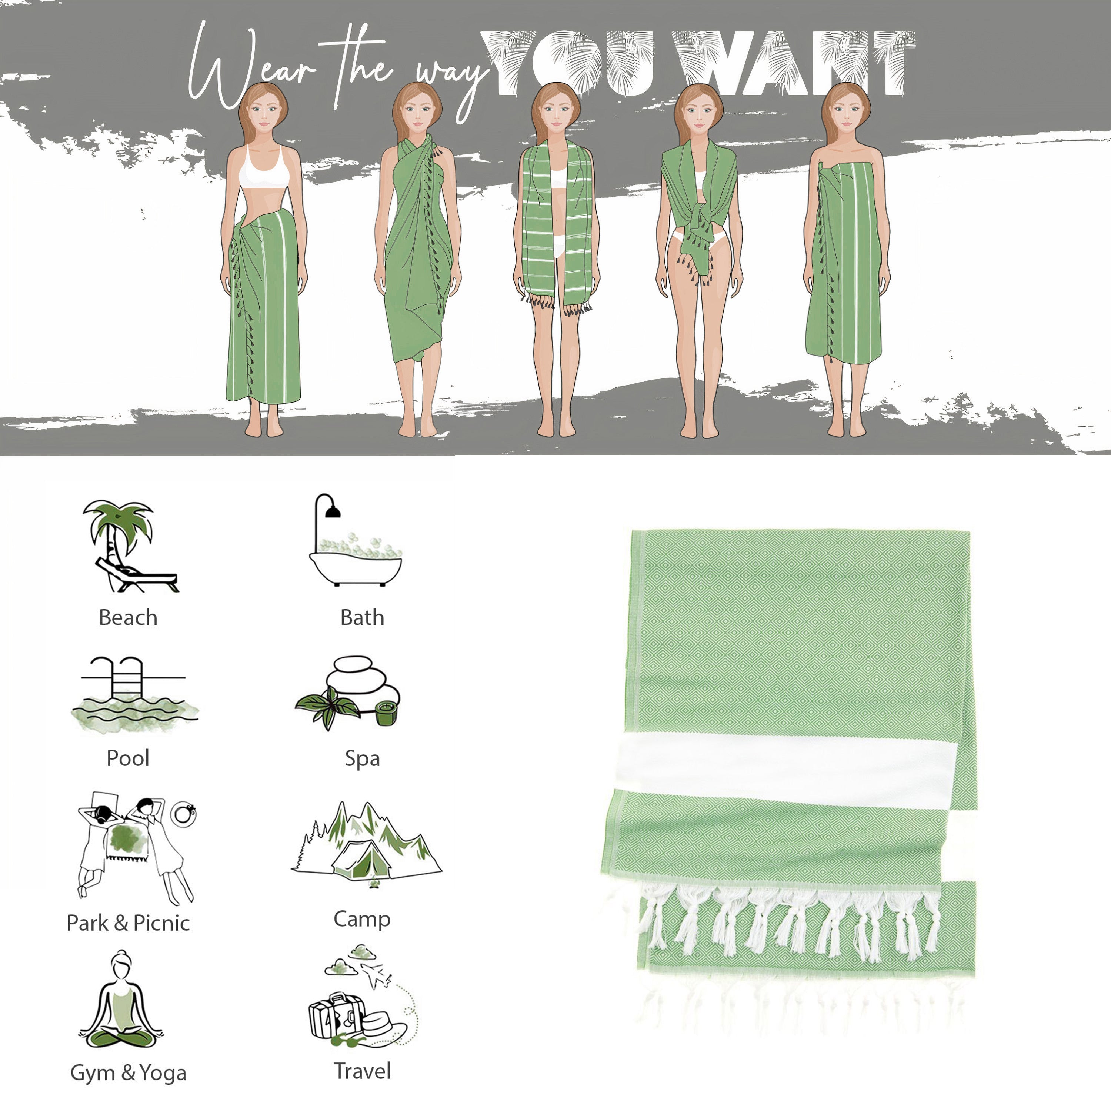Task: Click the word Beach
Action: [128, 618]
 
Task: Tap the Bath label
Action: [362, 618]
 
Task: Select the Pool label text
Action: [128, 758]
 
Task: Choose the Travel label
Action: [362, 1071]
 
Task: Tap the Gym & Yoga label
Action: [128, 1073]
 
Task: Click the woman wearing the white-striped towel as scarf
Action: [556, 259]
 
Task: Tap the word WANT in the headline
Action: [794, 63]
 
